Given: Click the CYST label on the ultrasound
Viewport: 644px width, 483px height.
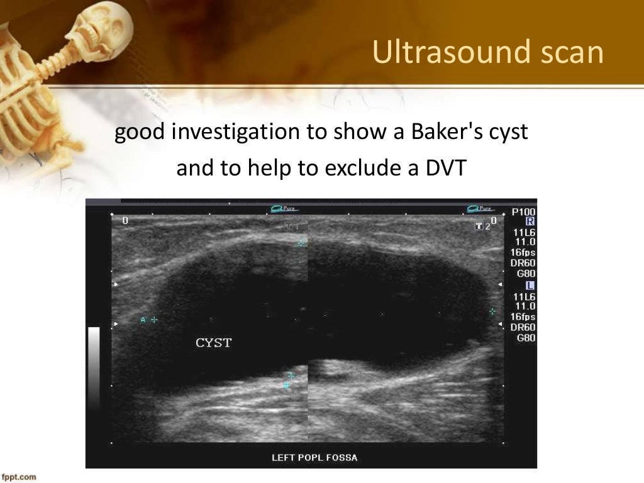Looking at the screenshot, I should click(x=214, y=343).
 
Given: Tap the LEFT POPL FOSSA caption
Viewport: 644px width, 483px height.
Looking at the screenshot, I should click(x=314, y=457).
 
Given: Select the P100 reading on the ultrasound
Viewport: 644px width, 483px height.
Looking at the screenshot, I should click(x=523, y=212).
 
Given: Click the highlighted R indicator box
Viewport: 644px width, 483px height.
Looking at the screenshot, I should click(x=530, y=221).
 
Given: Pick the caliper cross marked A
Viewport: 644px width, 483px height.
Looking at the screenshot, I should click(x=154, y=319).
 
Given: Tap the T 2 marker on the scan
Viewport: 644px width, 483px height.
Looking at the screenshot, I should click(x=482, y=226).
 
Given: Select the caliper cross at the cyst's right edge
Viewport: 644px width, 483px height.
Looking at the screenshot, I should click(x=492, y=311).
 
